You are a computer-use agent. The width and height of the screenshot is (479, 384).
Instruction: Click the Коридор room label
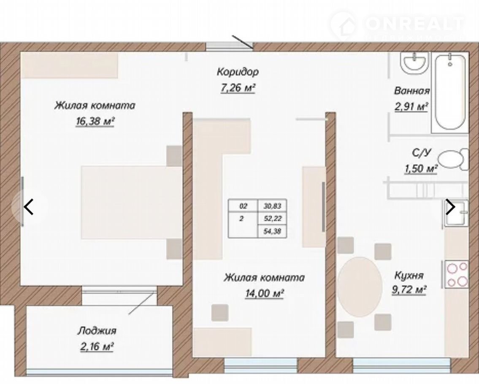[238, 72]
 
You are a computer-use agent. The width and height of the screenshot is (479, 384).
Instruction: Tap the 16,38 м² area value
[95, 121]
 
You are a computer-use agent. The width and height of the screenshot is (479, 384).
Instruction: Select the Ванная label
[412, 90]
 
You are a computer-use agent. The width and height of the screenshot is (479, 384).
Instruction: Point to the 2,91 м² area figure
[411, 106]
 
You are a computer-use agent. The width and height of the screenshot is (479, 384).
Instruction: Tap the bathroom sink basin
[414, 63]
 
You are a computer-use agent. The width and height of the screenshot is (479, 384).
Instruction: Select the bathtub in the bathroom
[450, 92]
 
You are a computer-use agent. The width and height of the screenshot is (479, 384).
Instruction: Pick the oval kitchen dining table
[360, 287]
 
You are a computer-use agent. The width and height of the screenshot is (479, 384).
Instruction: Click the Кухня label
[409, 275]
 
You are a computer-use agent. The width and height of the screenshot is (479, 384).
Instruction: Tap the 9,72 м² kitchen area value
[409, 289]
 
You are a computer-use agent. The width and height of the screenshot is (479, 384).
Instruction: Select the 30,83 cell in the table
[272, 206]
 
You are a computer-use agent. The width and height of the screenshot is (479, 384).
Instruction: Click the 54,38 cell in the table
[272, 232]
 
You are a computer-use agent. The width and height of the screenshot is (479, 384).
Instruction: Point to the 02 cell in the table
[243, 206]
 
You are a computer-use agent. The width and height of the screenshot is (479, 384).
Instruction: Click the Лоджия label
[97, 331]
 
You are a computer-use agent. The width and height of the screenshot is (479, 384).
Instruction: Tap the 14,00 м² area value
[265, 293]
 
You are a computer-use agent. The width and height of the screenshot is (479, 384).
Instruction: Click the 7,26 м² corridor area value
[238, 88]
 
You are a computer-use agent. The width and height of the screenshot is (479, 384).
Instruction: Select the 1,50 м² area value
[421, 168]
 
